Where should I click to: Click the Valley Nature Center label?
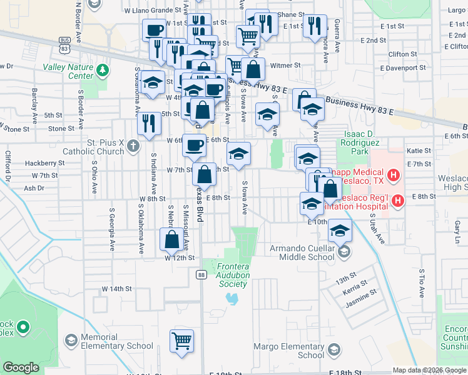pyautogui.click(x=68, y=71)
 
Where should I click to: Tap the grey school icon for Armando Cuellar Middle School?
pyautogui.click(x=343, y=252)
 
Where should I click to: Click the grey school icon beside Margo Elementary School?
pyautogui.click(x=334, y=349)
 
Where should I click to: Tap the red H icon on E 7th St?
pyautogui.click(x=393, y=176)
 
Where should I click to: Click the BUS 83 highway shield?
pyautogui.click(x=64, y=44)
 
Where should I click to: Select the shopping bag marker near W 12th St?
pyautogui.click(x=171, y=240)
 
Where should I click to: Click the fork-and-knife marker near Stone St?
pyautogui.click(x=148, y=123)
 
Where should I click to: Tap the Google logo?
pyautogui.click(x=21, y=368)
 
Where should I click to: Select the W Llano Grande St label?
pyautogui.click(x=148, y=11)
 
